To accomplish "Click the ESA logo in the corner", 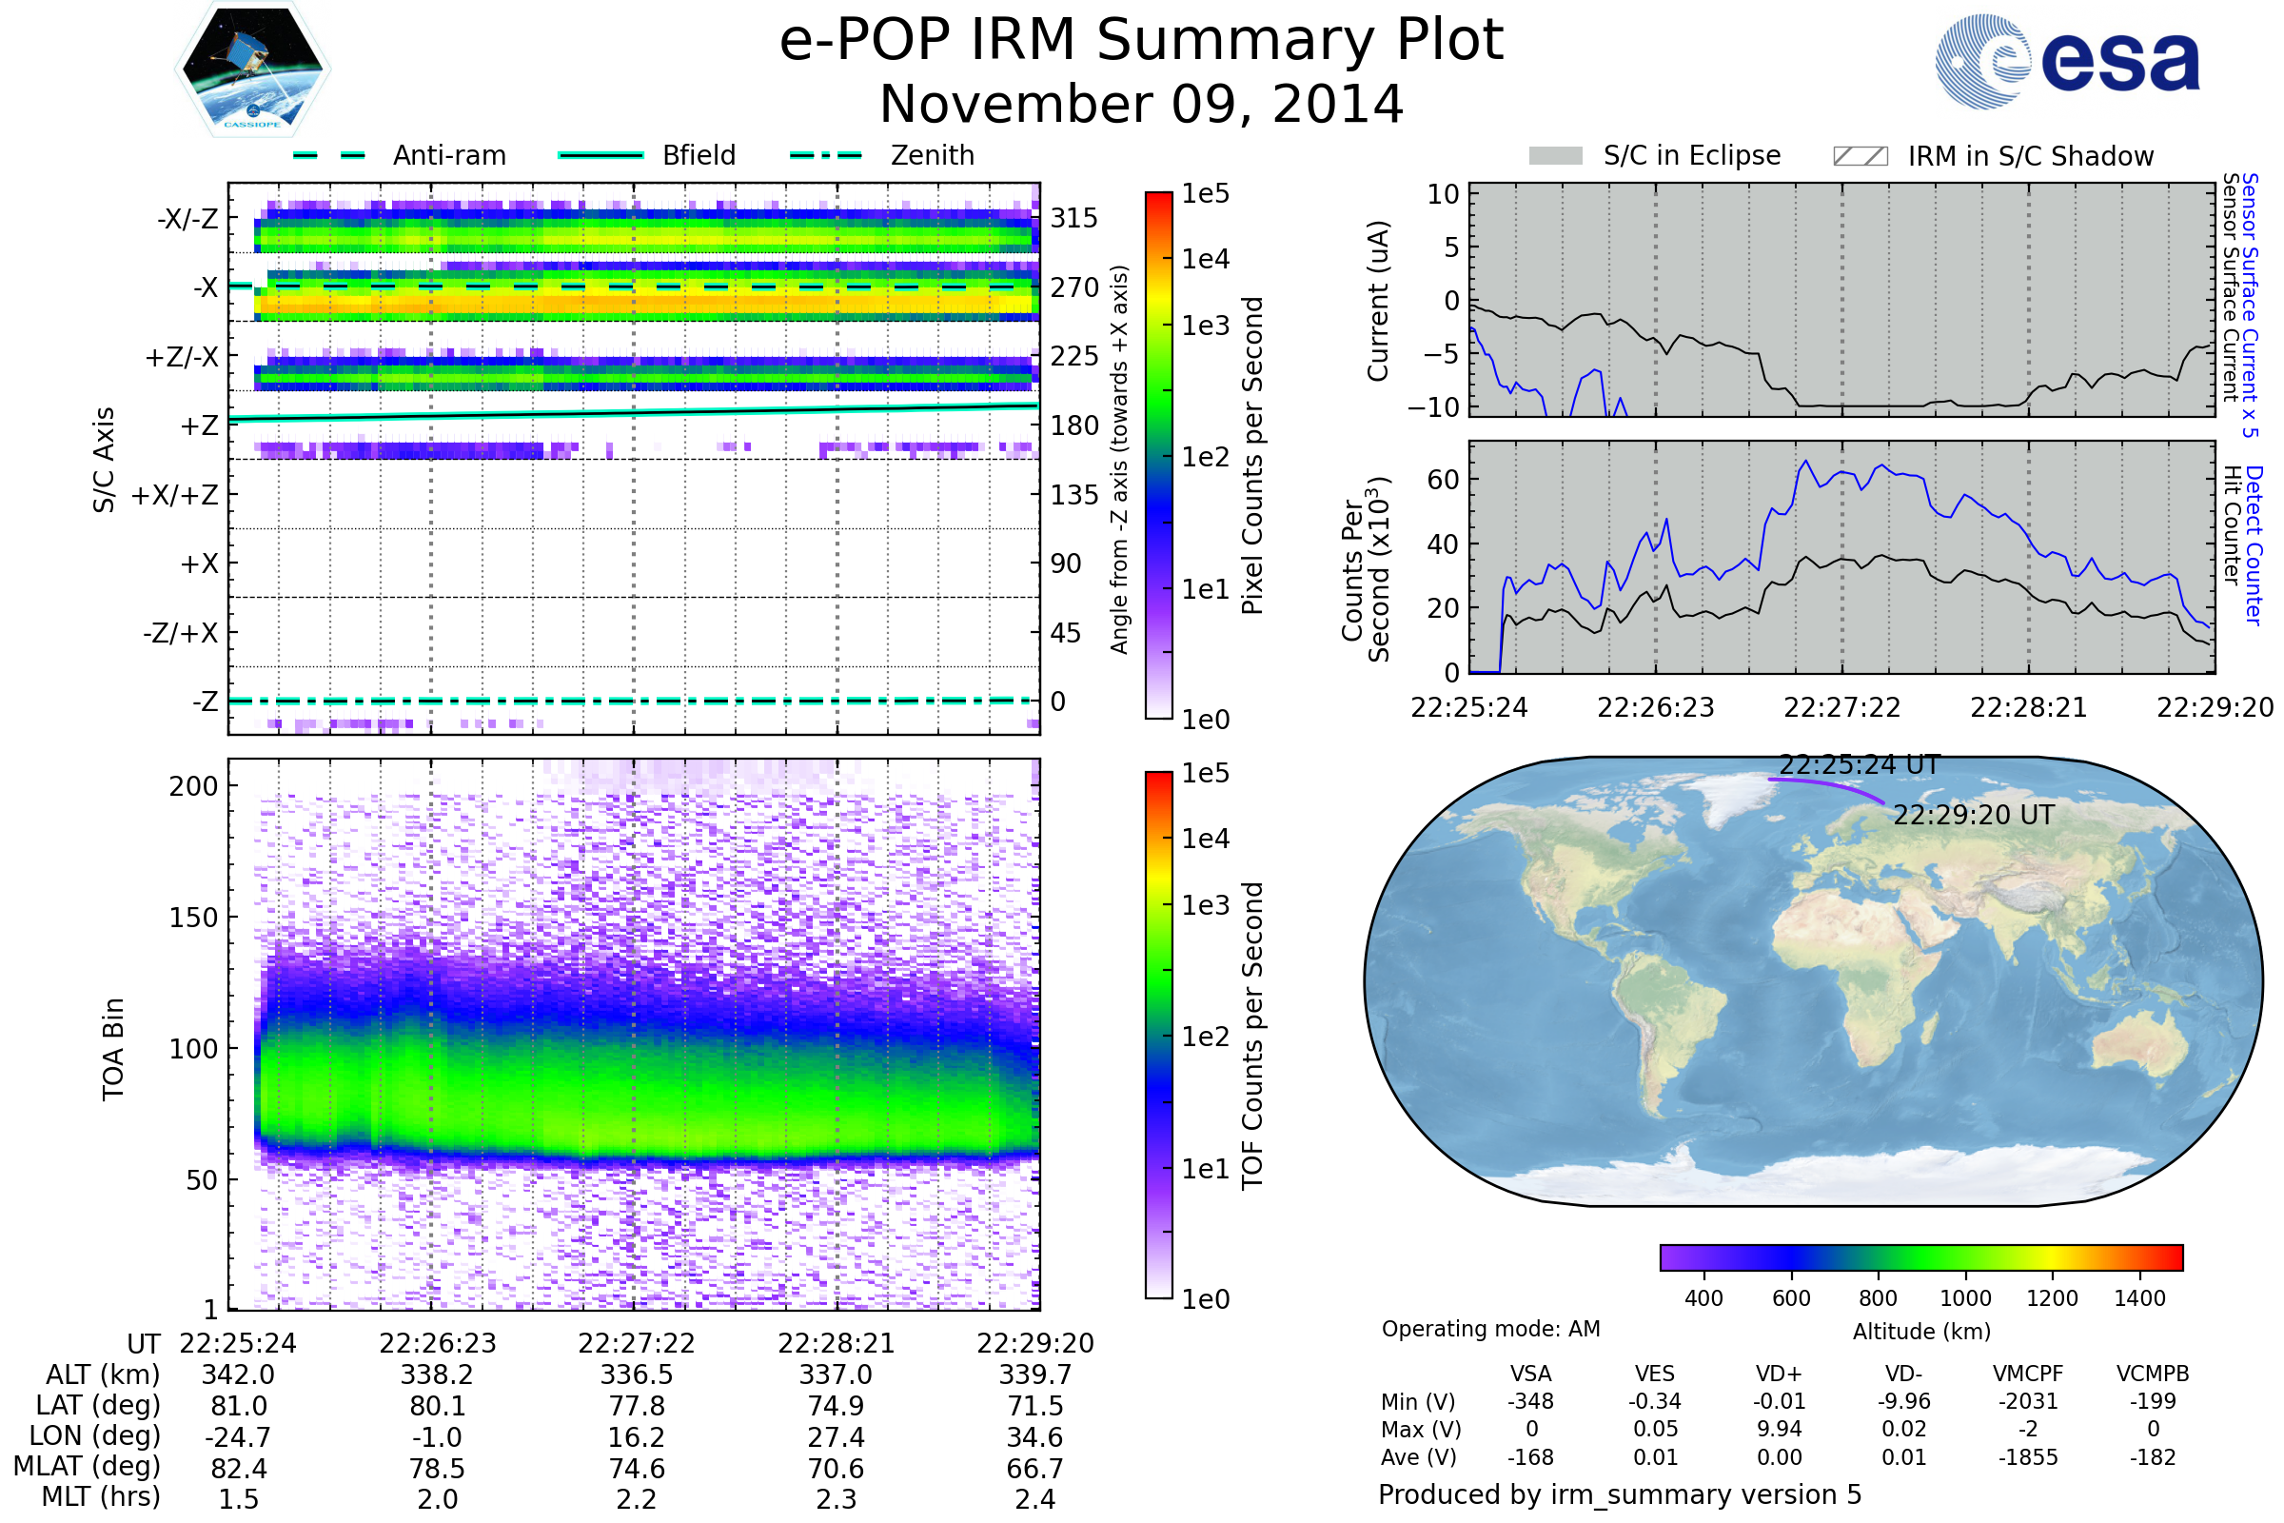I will point(2068,61).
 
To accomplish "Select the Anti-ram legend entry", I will point(448,155).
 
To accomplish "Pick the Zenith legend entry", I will point(932,155).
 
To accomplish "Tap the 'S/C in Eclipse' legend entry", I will point(1691,155).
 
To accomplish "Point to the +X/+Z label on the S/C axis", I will point(175,495).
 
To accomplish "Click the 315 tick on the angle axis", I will point(1073,218).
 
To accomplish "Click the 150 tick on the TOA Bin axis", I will point(193,918).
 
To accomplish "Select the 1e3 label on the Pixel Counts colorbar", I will point(1205,326).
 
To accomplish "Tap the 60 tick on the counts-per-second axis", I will point(1443,479).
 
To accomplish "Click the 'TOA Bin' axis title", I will point(113,1049).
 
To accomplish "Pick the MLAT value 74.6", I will point(636,1469).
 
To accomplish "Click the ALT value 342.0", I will point(238,1375).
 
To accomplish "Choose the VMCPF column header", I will point(2028,1375).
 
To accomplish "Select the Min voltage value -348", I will point(1530,1401).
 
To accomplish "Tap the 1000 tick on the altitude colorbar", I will point(1964,1298).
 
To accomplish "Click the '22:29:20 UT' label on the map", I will point(1973,815).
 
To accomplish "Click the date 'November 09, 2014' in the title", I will point(1141,105).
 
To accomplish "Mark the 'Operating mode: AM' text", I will point(1490,1329).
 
